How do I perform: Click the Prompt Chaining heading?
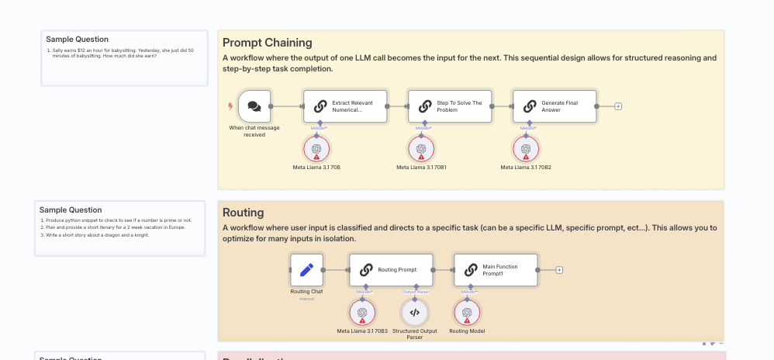268,43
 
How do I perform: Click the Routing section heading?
244,213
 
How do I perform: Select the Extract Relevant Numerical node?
345,106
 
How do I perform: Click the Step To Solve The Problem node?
450,106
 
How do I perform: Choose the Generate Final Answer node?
555,106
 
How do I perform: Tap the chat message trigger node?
254,106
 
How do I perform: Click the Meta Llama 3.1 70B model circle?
316,149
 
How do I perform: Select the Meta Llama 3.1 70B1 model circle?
421,149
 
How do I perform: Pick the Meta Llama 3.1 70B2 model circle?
526,149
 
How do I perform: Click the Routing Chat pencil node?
306,270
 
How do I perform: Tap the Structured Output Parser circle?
414,313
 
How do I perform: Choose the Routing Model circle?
466,313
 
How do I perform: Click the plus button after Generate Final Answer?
618,106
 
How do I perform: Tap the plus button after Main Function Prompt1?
559,270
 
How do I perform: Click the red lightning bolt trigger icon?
230,106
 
